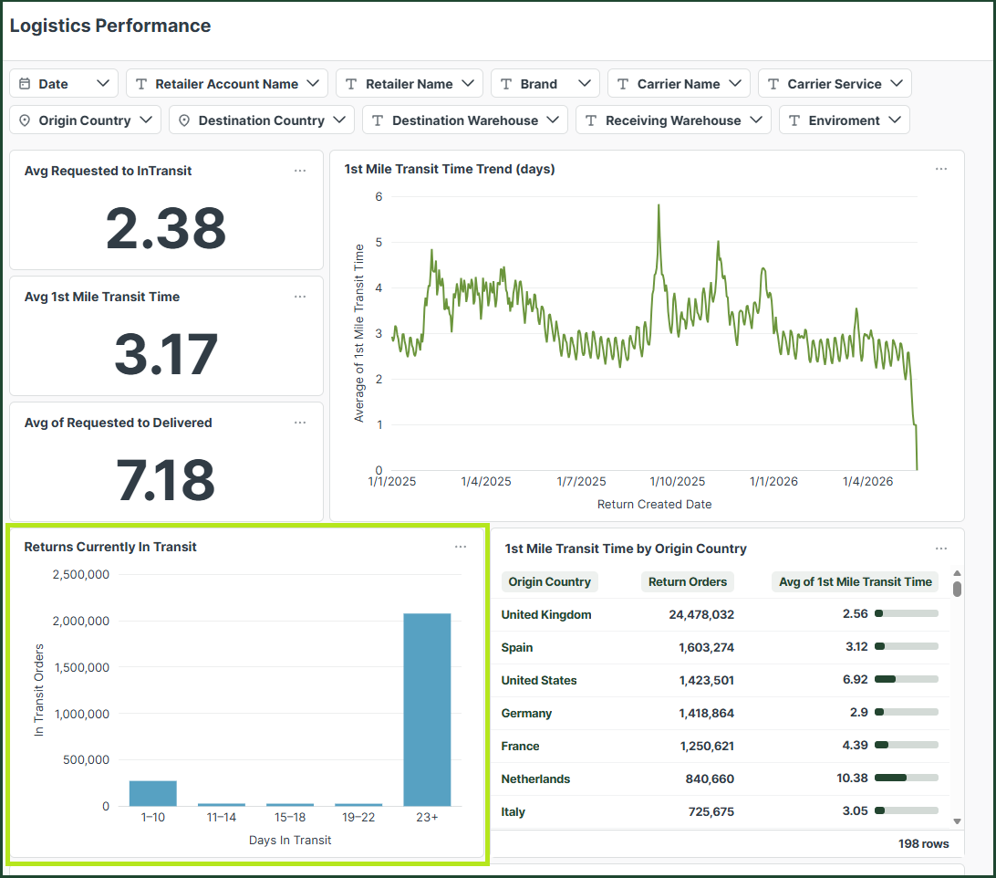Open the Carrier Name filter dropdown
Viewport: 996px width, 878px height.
coord(679,83)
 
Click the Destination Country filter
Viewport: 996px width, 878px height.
coord(261,120)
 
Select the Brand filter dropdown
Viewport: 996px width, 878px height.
coord(545,83)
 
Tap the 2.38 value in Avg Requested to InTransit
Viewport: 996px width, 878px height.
coord(166,228)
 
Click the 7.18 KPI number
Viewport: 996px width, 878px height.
coord(166,479)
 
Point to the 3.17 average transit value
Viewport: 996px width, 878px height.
coord(166,354)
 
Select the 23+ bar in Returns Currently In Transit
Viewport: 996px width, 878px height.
coord(427,709)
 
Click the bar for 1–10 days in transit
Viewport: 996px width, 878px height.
coord(153,793)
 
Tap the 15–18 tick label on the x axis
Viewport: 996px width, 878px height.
coord(290,817)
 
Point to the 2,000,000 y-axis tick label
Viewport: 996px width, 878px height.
coord(80,621)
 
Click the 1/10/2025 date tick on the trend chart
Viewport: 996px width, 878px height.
coord(677,481)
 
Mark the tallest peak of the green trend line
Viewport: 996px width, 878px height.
coord(659,205)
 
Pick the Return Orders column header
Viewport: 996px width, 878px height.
coord(688,581)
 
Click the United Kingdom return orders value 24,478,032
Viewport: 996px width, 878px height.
coord(701,615)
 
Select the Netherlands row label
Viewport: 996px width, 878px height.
coord(535,779)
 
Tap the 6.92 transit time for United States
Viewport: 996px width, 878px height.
coord(855,679)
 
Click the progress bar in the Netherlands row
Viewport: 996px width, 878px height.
coord(907,778)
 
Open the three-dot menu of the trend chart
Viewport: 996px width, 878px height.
coord(941,169)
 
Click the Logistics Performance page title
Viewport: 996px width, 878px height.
coord(109,26)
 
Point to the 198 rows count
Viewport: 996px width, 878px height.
coord(923,843)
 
